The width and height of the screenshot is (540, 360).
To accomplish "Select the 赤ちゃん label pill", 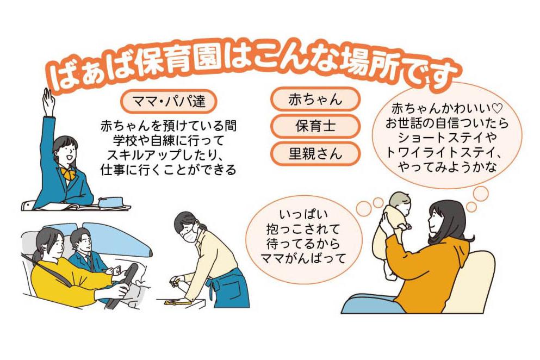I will (x=315, y=100).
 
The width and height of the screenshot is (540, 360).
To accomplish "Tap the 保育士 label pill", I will (x=315, y=126).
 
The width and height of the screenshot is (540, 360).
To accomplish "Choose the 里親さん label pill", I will (x=315, y=153).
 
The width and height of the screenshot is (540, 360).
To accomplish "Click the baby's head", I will (x=400, y=202).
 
